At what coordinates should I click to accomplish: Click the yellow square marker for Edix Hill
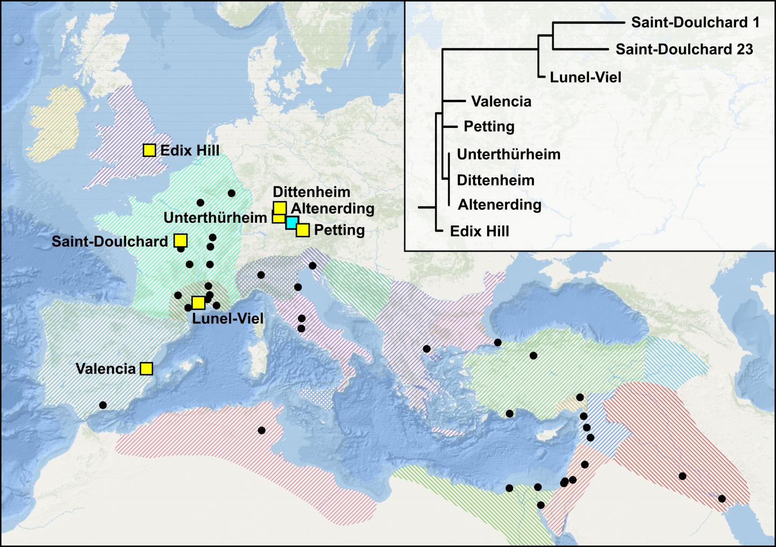point(149,150)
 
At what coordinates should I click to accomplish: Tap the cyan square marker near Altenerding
point(292,223)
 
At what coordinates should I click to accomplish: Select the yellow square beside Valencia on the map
point(146,368)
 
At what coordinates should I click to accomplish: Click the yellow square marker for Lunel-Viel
point(198,302)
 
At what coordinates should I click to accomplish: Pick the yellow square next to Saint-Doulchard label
point(181,241)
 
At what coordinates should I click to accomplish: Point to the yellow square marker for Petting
point(303,230)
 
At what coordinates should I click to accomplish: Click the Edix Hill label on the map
point(190,150)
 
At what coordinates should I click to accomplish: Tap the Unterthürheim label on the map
point(215,217)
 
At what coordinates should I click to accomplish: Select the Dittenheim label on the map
point(311,192)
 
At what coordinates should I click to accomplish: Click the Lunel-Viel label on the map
point(228,318)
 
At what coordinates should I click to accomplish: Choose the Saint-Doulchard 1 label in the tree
point(695,22)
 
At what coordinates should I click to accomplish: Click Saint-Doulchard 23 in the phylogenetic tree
point(684,49)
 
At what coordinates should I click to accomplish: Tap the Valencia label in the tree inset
point(501,101)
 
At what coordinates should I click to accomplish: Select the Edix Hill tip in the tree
point(480,231)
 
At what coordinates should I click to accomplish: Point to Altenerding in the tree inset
point(500,204)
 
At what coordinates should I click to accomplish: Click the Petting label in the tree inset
point(489,126)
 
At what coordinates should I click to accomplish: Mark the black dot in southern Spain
point(103,405)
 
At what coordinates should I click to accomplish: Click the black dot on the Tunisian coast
point(261,430)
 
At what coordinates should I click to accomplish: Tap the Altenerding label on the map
point(332,208)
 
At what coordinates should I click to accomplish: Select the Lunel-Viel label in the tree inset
point(585,77)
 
